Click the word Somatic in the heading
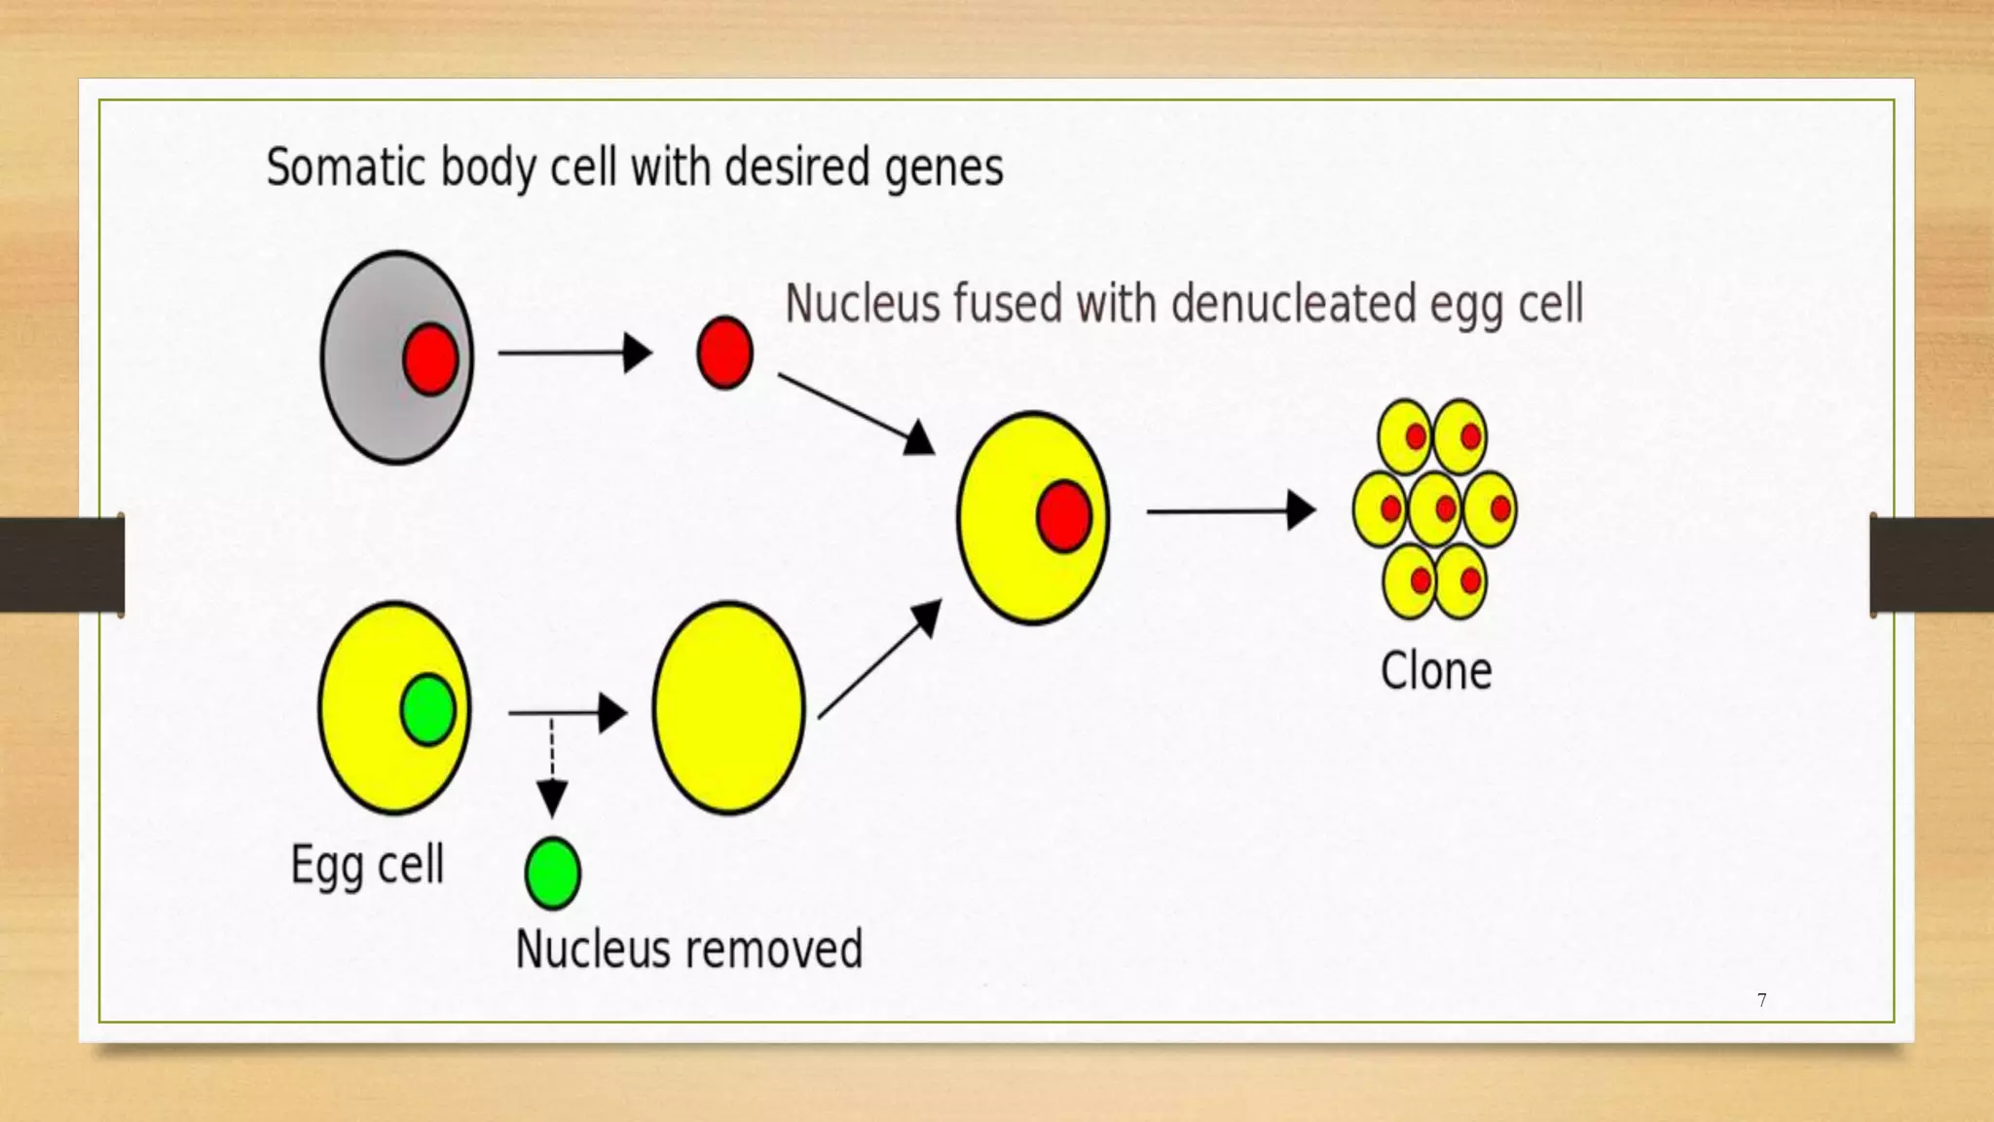click(x=346, y=168)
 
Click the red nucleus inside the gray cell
click(x=430, y=358)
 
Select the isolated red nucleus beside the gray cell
click(x=724, y=353)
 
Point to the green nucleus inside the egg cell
click(x=427, y=709)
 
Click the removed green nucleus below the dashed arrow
click(x=552, y=873)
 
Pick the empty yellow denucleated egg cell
click(x=728, y=708)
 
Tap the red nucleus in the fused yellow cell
click(x=1063, y=516)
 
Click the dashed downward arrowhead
click(x=552, y=799)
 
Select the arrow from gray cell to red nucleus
click(x=574, y=353)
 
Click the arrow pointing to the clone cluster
click(x=1232, y=510)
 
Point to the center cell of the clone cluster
click(x=1435, y=508)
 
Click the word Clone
click(x=1436, y=671)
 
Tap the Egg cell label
click(x=368, y=865)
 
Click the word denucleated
click(x=1294, y=304)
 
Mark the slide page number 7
click(x=1761, y=1000)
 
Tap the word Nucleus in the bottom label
click(x=594, y=950)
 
